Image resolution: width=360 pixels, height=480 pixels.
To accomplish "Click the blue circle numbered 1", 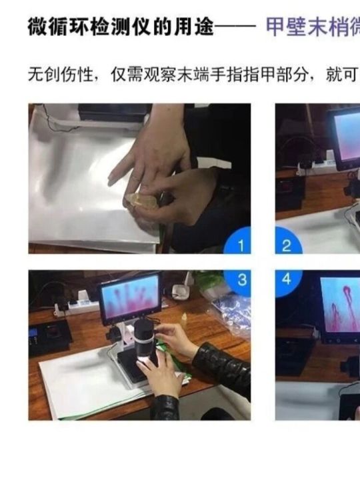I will (241, 245).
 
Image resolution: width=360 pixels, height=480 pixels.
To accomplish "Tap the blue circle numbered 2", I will (287, 245).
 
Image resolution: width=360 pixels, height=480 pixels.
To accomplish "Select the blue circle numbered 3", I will (241, 279).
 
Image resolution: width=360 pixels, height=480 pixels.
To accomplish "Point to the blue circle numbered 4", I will (287, 279).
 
